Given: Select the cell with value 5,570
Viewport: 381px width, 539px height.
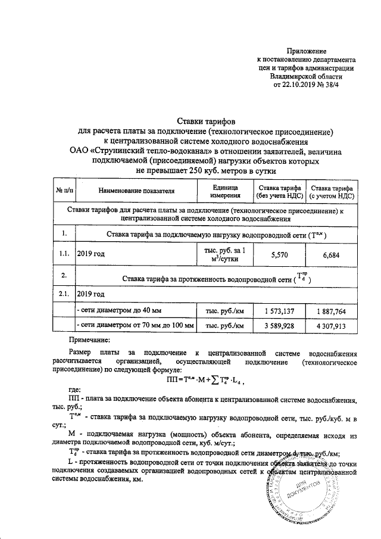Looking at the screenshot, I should click(279, 254).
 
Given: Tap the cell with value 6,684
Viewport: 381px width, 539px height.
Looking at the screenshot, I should click(332, 254).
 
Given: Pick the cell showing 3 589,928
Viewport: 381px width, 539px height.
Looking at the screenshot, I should click(279, 326).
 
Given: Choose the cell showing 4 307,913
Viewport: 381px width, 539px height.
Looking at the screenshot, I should click(332, 326).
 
